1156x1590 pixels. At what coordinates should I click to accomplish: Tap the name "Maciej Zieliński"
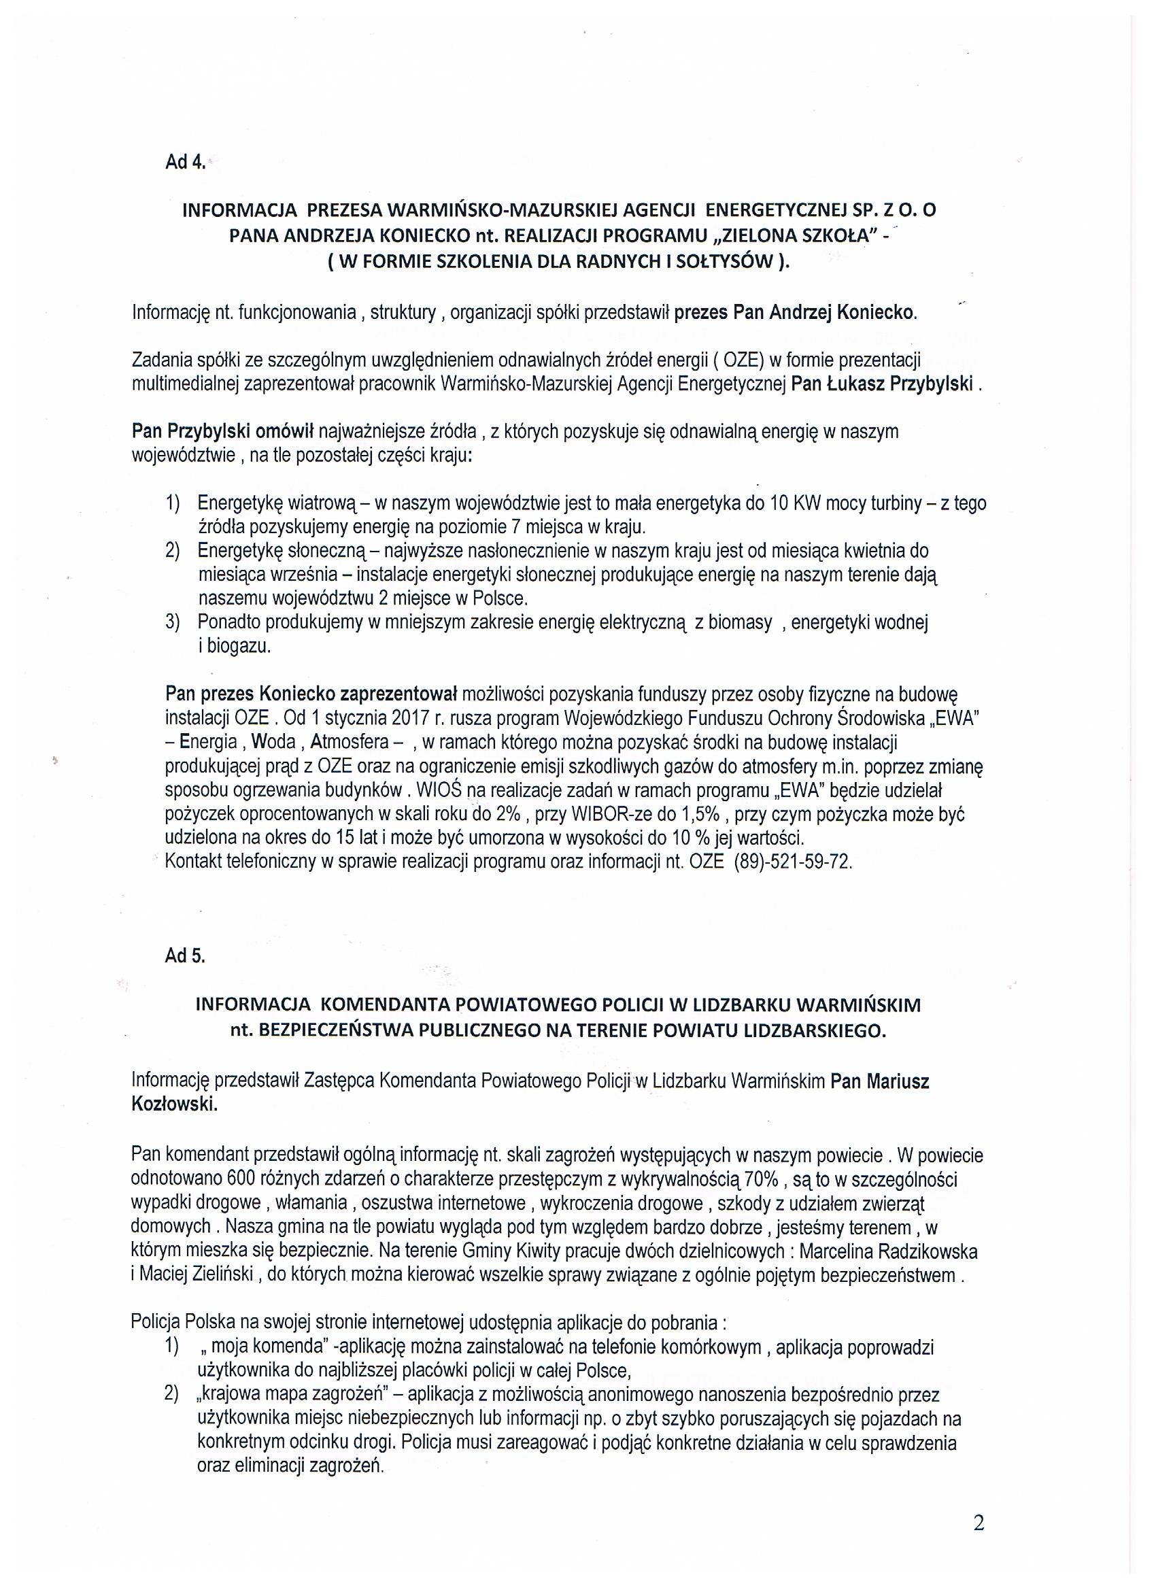200,1275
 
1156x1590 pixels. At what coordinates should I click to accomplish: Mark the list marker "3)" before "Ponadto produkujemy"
173,622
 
